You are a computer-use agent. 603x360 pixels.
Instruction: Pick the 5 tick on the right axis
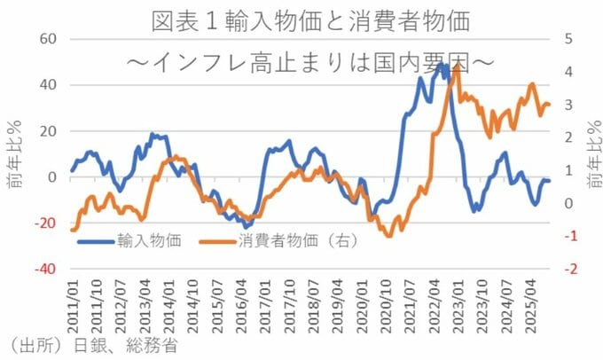tap(556, 39)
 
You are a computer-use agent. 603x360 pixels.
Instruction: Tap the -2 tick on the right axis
tap(559, 269)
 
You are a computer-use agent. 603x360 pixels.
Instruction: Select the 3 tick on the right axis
tap(556, 105)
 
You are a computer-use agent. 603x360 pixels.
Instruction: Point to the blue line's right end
tap(550, 181)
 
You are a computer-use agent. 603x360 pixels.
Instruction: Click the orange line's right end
tap(550, 105)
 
